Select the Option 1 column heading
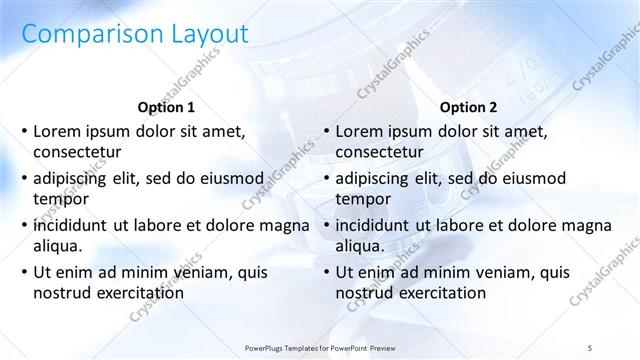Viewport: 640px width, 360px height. point(165,107)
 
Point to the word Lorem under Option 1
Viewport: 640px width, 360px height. point(57,131)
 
